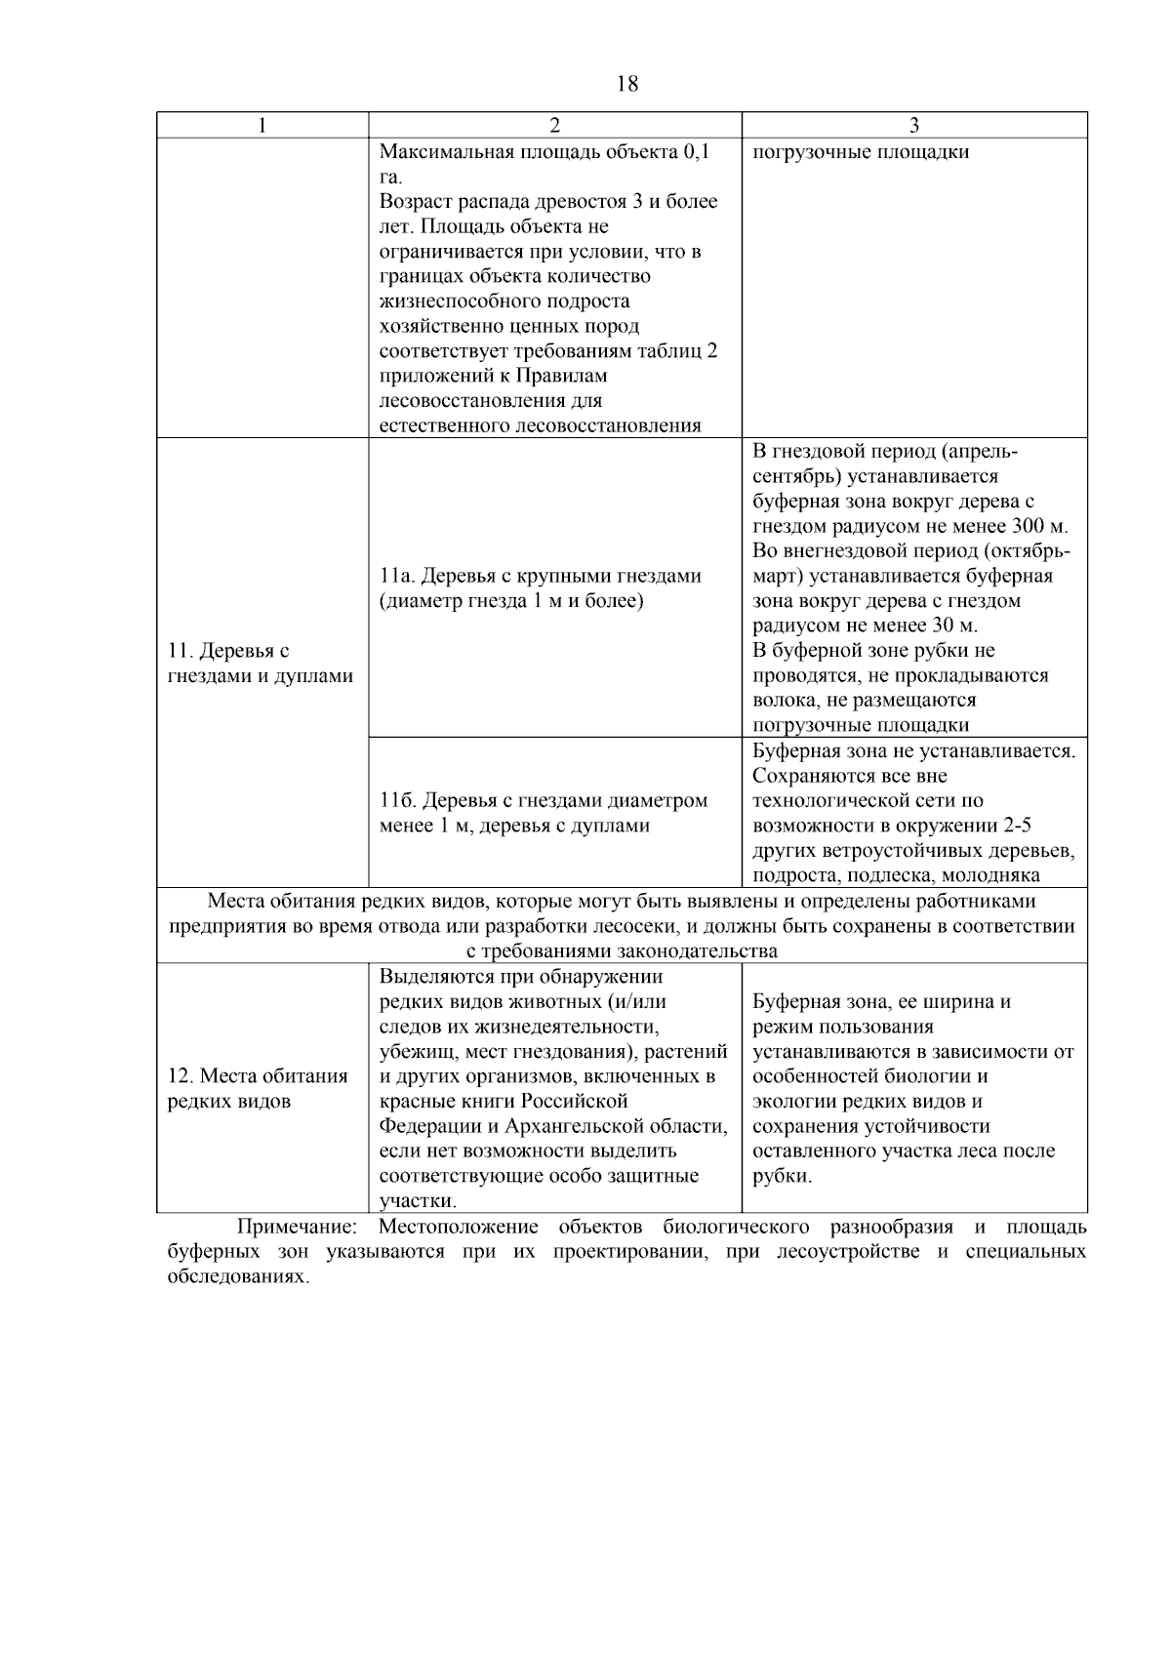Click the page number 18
click(x=627, y=84)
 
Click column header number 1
click(x=262, y=125)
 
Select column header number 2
click(x=554, y=125)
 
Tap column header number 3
click(x=913, y=125)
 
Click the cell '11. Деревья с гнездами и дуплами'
click(x=260, y=663)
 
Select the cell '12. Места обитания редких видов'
click(x=258, y=1088)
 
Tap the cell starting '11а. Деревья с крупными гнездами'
click(x=540, y=587)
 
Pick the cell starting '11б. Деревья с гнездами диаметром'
click(x=543, y=813)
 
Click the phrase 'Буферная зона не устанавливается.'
click(x=913, y=750)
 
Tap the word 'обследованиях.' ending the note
click(x=238, y=1276)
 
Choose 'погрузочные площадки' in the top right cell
click(x=861, y=152)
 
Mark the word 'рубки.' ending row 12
click(x=782, y=1176)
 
